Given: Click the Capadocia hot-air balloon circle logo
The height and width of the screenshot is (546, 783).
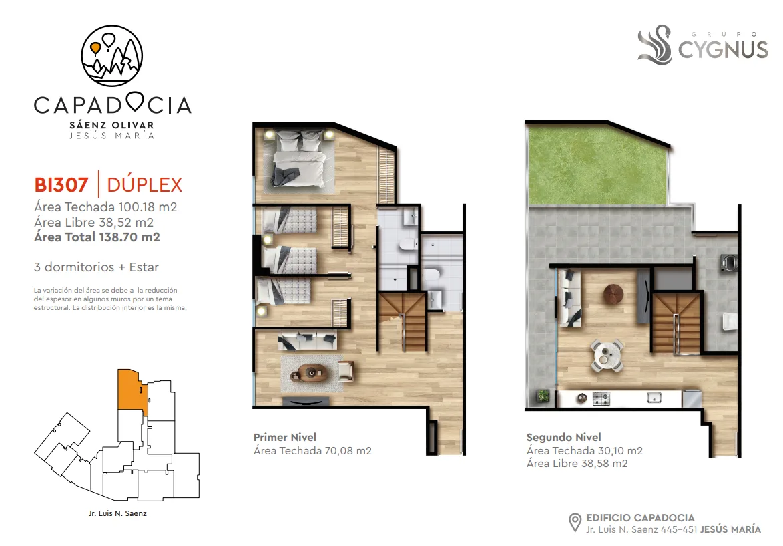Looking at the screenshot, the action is point(112,55).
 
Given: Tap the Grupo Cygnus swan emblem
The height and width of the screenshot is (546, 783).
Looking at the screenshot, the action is point(655,45).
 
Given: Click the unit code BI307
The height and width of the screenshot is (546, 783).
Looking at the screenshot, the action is point(61,185).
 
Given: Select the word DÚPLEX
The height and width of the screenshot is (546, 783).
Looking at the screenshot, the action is point(145,184).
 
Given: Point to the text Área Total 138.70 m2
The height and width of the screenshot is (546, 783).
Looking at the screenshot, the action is point(97,237).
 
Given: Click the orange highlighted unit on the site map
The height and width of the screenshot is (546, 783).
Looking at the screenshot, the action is point(132,390).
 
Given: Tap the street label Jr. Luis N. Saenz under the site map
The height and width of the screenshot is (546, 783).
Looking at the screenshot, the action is point(118,513).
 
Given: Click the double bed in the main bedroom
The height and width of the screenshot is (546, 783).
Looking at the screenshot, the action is point(299,158).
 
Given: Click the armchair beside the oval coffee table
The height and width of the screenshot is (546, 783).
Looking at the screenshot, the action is point(346,371).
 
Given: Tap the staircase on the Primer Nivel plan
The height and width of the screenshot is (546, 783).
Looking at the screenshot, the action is point(402,321).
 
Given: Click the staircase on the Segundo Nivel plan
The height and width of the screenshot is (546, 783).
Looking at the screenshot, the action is point(676,321).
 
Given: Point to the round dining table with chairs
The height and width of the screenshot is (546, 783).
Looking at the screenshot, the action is point(607,355).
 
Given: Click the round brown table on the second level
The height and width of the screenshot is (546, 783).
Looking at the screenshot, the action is point(613,294).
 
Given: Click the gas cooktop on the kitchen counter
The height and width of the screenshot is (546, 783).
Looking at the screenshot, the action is point(601,398).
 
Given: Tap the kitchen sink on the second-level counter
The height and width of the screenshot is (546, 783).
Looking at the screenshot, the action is point(654,398).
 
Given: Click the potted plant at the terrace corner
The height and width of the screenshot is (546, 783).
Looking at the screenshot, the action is point(543,396).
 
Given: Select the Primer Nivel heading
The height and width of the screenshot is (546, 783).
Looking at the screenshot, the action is point(284,437).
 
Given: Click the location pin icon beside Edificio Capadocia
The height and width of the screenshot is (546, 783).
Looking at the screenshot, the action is point(575,523).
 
